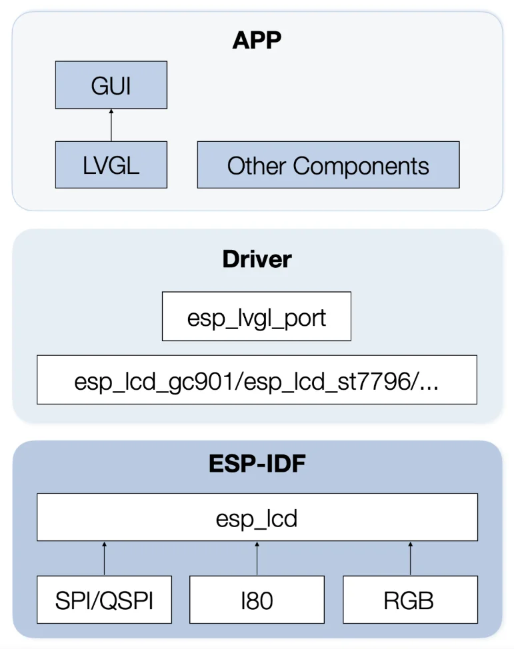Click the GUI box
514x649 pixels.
tap(111, 86)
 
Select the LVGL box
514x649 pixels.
tap(111, 165)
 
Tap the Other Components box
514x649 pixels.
tap(328, 165)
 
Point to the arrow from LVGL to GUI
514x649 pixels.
tap(111, 125)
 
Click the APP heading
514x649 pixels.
tap(257, 40)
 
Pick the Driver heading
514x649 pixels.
tap(257, 259)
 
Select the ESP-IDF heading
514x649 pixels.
tap(257, 463)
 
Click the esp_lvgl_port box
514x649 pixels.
tap(257, 317)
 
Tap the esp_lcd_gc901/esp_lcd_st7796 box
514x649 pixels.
tap(257, 380)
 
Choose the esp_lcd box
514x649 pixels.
tap(257, 517)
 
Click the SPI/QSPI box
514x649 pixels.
tap(104, 600)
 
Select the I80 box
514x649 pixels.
tap(257, 600)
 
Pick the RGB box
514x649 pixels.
tap(409, 600)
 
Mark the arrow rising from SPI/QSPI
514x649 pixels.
tap(104, 558)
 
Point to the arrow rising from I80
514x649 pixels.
tap(257, 558)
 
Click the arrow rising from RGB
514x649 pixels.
tap(409, 558)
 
